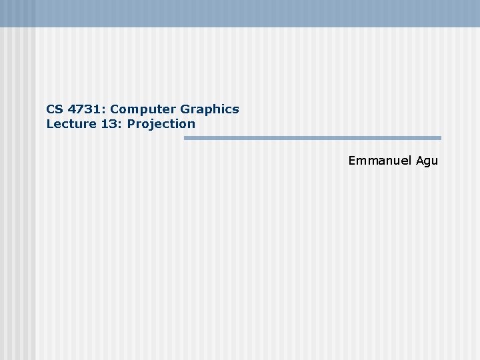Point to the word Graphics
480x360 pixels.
click(209, 109)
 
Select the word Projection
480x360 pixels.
click(161, 123)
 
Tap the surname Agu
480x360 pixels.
click(427, 161)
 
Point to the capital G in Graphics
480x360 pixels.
click(185, 109)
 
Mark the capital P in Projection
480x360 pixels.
click(131, 123)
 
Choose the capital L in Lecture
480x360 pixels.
click(49, 123)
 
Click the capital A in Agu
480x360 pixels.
click(420, 161)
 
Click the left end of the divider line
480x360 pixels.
click(186, 138)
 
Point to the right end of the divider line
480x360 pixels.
click(439, 138)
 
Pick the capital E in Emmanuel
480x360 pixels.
click(352, 161)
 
